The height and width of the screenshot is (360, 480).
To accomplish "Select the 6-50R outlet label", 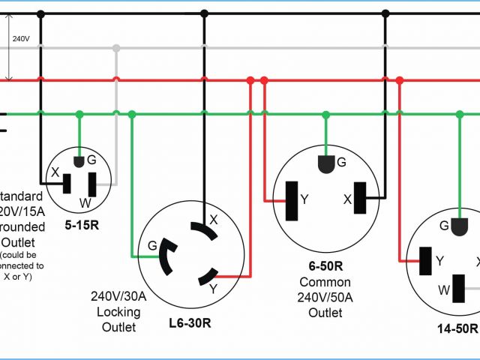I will (x=325, y=265).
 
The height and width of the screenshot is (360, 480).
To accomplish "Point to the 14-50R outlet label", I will (x=457, y=328).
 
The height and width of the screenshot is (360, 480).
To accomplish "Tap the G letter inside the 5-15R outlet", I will (x=91, y=160).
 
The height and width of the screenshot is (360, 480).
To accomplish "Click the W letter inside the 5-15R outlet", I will (x=86, y=202).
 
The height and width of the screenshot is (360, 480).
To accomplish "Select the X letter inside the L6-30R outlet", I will (x=214, y=220).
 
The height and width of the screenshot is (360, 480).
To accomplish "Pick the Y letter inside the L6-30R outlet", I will (x=214, y=287).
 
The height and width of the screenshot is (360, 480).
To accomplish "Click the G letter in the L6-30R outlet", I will (x=153, y=244).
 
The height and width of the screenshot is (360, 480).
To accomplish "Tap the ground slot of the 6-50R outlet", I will (x=325, y=163).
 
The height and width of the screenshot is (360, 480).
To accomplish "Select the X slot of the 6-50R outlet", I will (x=361, y=199).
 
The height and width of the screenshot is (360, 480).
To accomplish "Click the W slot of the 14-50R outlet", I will (x=459, y=289).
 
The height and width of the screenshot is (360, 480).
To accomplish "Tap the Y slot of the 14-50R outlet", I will (x=424, y=260).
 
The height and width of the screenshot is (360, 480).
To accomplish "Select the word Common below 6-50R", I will (x=325, y=282).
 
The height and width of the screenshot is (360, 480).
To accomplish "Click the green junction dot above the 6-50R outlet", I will (x=325, y=114).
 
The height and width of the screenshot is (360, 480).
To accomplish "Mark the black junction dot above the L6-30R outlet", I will (x=204, y=13).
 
